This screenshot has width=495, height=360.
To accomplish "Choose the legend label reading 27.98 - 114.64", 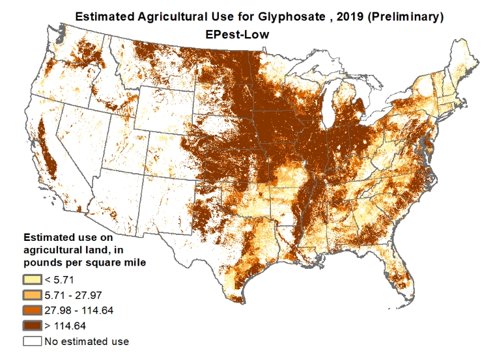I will click(79, 311).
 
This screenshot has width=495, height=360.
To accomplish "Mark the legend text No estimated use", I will click(87, 341).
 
